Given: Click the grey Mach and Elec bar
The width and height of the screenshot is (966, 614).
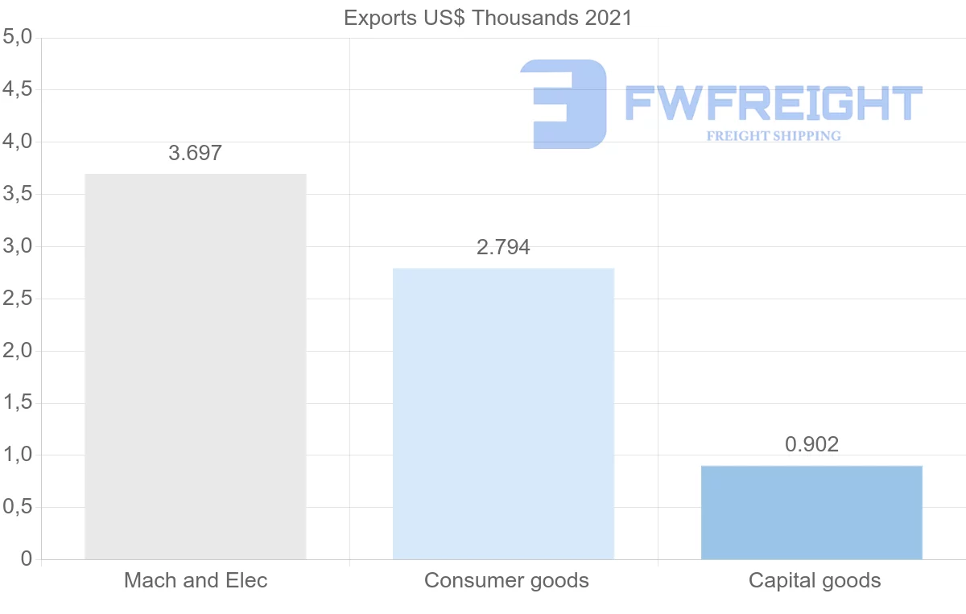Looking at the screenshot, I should point(195,366).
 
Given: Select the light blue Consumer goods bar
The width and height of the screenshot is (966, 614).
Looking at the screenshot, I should point(503,413).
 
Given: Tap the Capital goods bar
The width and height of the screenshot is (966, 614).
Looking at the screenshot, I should point(811,513).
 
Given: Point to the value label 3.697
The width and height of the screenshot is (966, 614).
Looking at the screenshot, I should point(195,153).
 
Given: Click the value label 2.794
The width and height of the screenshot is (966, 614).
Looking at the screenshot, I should point(503,247).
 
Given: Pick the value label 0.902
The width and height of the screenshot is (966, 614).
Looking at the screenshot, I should point(811,444).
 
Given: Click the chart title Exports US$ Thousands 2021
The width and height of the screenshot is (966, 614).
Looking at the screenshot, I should point(488,18).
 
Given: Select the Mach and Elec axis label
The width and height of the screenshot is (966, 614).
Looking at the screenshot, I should point(195,580).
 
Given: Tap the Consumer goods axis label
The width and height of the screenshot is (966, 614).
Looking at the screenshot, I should point(506,580).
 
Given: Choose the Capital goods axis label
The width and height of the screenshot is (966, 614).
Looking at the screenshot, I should point(815,580).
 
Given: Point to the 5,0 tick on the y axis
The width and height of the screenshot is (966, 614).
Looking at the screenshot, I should point(17,37).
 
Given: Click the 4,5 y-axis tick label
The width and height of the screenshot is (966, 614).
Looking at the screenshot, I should point(17,89).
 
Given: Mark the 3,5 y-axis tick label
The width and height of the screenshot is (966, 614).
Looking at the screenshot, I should point(17,194).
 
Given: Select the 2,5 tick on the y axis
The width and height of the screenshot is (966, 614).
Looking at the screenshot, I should point(17,299).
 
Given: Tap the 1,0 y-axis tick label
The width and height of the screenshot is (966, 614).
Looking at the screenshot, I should point(17,455).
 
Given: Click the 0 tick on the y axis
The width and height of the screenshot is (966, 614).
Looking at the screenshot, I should point(27,559).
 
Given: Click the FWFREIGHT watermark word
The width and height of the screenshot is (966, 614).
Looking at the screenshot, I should point(774,104).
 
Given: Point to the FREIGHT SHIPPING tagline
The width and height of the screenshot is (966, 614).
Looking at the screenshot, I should point(774,136).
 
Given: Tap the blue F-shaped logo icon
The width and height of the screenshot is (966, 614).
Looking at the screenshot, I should point(563,104).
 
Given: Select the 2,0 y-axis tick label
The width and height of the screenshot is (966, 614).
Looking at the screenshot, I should point(17,351).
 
